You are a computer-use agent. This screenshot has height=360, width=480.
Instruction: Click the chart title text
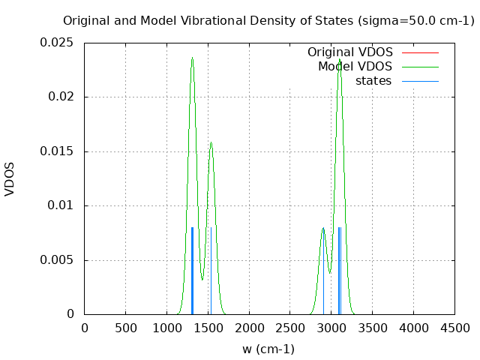pos(268,21)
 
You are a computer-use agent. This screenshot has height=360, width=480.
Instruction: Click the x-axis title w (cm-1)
pos(268,349)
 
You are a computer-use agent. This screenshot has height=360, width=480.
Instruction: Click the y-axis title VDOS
pos(10,178)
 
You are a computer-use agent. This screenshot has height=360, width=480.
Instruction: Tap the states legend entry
pos(373,81)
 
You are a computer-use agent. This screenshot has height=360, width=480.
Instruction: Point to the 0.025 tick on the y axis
pos(57,42)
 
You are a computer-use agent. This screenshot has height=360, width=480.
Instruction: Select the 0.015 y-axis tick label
pos(57,151)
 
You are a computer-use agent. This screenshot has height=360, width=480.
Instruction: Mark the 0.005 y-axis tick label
pos(57,260)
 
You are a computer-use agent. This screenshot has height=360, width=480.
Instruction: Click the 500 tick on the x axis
pos(125,328)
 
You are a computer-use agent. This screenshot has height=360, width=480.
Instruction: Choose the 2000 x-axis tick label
pos(249,328)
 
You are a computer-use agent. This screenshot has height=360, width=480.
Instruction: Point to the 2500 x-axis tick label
pos(290,328)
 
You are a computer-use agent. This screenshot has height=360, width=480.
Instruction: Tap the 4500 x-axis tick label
pos(454,328)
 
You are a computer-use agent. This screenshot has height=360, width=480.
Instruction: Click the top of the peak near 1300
pos(192,58)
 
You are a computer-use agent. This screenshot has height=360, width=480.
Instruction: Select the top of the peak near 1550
pos(211,142)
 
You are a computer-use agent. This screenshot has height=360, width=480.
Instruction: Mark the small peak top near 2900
pos(323,228)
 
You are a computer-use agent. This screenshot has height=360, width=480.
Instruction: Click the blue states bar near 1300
pos(192,270)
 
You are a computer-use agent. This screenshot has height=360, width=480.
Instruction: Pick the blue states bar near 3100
pos(340,270)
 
